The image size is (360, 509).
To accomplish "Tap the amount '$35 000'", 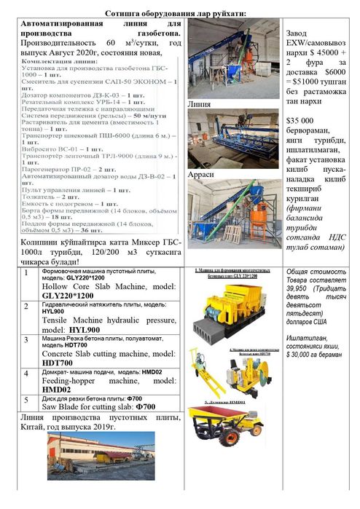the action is [x=302, y=120].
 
